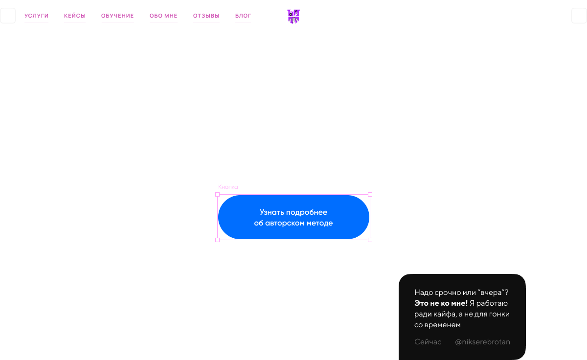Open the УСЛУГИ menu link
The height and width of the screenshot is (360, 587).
click(36, 16)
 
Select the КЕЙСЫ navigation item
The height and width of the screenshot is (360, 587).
click(74, 16)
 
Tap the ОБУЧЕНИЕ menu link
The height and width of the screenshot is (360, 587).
click(117, 16)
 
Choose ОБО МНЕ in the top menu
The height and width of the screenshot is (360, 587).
click(163, 16)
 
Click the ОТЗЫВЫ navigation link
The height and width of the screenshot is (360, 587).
click(206, 16)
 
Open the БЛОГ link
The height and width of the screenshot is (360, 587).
click(243, 16)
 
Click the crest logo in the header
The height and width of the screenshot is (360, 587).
click(293, 16)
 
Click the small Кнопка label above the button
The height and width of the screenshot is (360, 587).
click(228, 187)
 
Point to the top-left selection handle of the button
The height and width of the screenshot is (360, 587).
click(217, 194)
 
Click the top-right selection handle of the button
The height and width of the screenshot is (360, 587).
click(370, 194)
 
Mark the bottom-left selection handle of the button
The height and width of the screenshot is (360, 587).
click(217, 240)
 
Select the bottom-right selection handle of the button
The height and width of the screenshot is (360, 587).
click(370, 240)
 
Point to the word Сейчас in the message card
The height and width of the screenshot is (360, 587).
click(428, 342)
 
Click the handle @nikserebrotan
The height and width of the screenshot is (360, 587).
click(482, 342)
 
